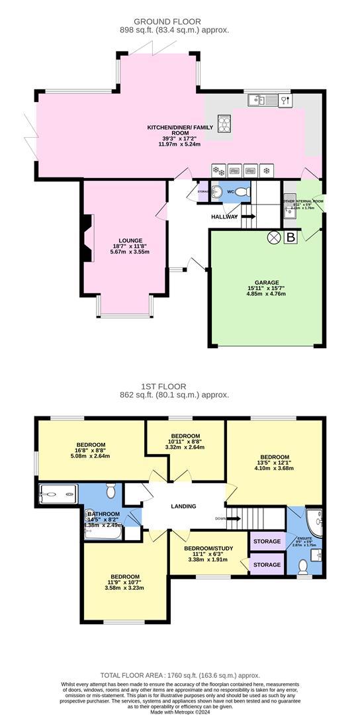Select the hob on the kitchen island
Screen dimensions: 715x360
click(225, 122)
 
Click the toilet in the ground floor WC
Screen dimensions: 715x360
click(242, 192)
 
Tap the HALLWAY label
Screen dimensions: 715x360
click(224, 216)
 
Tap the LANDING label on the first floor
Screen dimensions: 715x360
click(183, 506)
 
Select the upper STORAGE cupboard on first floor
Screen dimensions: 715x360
click(267, 542)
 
